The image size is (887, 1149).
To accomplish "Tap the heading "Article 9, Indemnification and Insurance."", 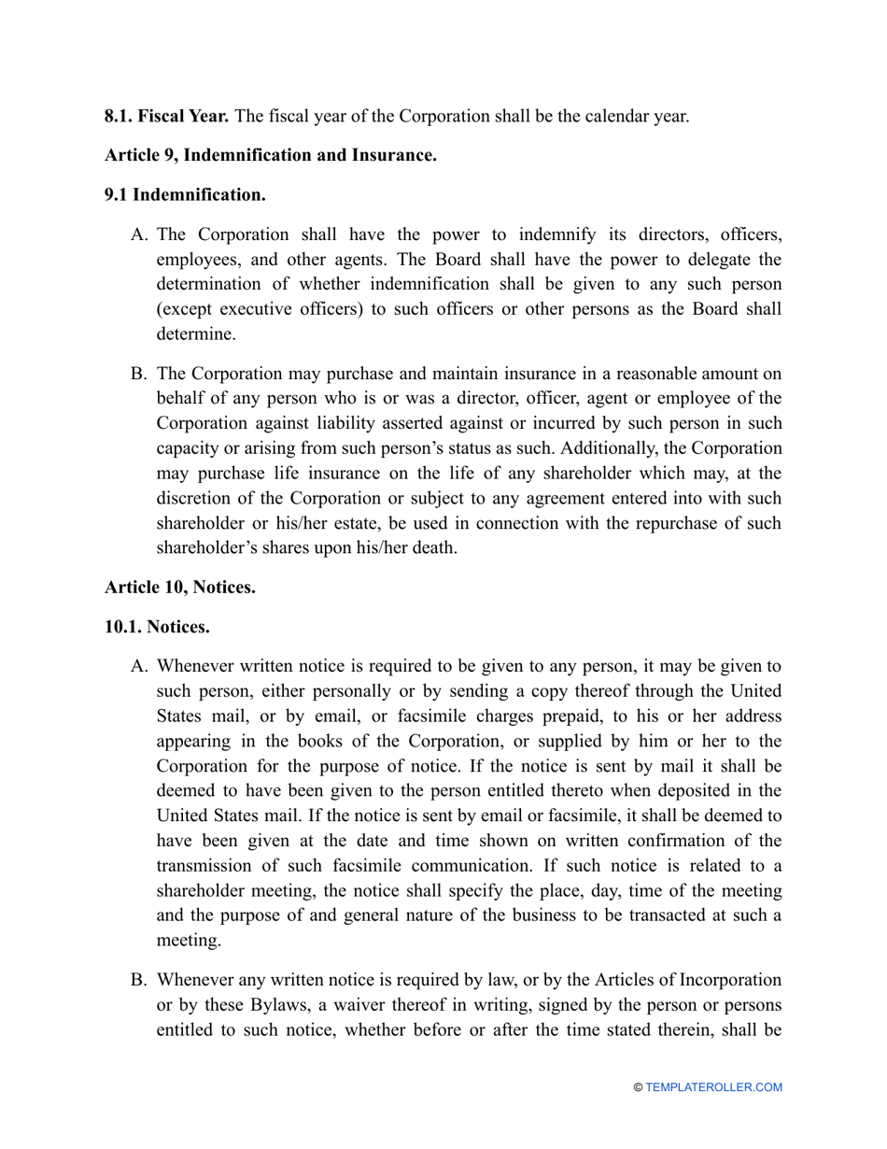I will pyautogui.click(x=271, y=155).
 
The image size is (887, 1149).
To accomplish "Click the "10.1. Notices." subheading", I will pyautogui.click(x=157, y=627).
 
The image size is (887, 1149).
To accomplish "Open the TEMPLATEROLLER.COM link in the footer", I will pyautogui.click(x=713, y=1087).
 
